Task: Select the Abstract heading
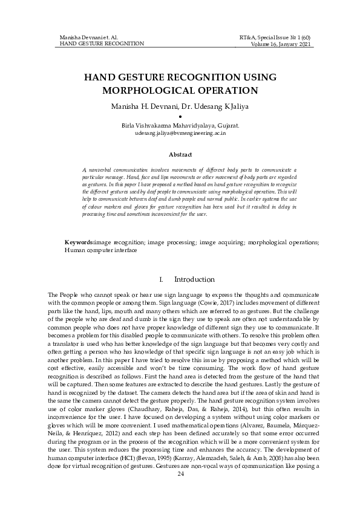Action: [180, 155]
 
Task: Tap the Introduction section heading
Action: [194, 279]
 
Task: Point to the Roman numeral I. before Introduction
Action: [160, 280]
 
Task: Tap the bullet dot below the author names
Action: [180, 116]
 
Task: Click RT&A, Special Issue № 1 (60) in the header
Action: [275, 37]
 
